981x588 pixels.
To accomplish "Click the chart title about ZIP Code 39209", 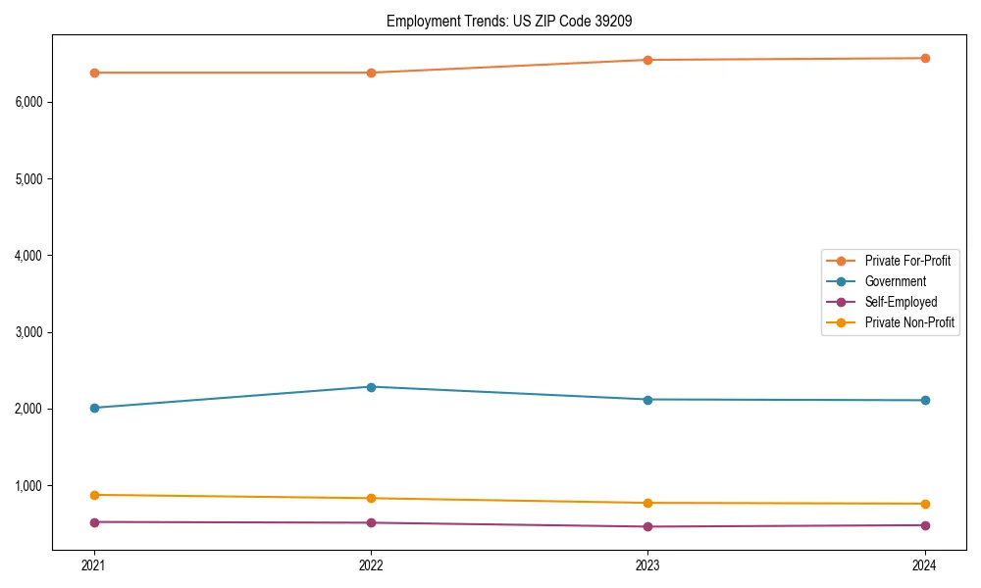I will click(x=515, y=21).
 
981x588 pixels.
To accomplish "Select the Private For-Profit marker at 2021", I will click(x=94, y=73).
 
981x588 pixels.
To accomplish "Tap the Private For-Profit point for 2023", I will click(x=647, y=60).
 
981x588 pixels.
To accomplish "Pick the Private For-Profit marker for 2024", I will click(x=925, y=58).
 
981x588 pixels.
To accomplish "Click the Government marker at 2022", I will click(x=371, y=387).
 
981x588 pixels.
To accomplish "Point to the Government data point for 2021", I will click(x=94, y=408).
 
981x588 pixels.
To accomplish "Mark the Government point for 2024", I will click(x=925, y=400).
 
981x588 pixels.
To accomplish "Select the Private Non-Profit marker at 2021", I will click(x=94, y=495).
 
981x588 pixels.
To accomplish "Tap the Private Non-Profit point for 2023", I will click(x=647, y=503).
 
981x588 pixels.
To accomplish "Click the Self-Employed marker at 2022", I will click(x=371, y=522).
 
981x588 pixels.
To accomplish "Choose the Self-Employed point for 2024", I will click(x=925, y=525).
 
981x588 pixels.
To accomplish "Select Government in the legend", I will click(x=895, y=281).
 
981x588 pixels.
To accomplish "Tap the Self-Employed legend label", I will click(x=901, y=302).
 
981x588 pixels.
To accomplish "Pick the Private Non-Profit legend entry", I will click(x=909, y=322).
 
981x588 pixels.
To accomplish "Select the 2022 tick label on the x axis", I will click(x=371, y=565).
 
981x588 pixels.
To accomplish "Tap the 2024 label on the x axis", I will click(x=925, y=565).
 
